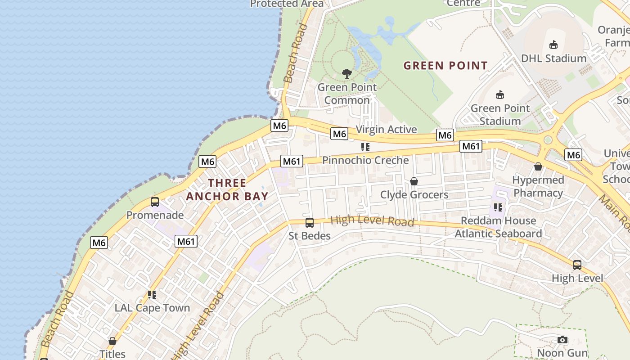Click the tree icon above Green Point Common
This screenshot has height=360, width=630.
(x=346, y=73)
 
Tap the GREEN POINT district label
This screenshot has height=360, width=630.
(x=445, y=66)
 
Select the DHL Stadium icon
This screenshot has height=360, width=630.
(x=553, y=45)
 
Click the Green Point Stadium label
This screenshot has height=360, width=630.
(x=500, y=115)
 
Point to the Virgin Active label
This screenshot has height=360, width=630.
(x=386, y=130)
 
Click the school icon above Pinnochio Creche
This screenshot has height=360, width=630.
(x=365, y=147)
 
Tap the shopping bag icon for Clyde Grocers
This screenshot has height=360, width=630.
(x=414, y=181)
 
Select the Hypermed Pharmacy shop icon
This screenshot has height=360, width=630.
(x=538, y=167)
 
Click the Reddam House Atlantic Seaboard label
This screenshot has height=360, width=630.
(x=498, y=227)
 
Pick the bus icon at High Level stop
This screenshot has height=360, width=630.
(x=577, y=265)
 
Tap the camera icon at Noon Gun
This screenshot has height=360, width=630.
(x=562, y=340)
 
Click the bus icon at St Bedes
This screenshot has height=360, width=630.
(x=310, y=222)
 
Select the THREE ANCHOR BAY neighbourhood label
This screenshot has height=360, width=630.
(x=227, y=189)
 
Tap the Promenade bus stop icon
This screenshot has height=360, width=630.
(x=155, y=202)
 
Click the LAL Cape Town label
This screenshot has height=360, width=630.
(x=152, y=308)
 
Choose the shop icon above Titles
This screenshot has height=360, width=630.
(x=112, y=341)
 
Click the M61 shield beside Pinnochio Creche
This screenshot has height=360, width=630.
(x=292, y=161)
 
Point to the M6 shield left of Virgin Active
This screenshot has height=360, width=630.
(x=339, y=134)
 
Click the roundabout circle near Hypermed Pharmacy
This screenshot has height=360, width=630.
(x=548, y=140)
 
